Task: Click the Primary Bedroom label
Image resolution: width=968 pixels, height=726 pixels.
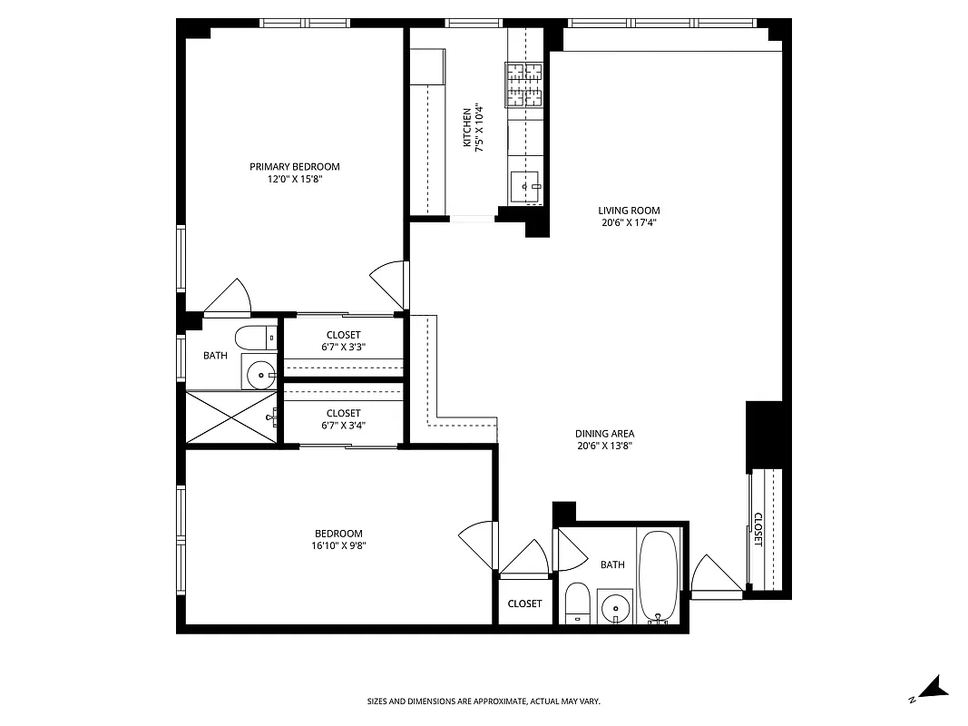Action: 295,167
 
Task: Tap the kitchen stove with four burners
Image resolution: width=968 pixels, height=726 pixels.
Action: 523,84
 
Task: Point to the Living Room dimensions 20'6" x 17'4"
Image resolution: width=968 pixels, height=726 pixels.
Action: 629,222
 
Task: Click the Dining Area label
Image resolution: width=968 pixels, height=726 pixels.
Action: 604,434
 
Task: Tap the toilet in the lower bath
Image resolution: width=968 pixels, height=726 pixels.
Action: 577,604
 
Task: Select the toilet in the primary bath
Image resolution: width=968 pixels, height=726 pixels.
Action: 256,338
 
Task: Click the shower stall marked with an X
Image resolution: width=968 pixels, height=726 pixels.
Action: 231,417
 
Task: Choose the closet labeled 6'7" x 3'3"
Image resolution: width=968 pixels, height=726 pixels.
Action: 344,341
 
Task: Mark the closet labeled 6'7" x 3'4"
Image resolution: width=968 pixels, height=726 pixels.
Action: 344,419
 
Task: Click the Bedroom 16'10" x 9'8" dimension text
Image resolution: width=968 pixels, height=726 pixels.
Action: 338,545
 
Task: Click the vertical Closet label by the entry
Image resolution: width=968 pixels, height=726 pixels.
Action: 758,530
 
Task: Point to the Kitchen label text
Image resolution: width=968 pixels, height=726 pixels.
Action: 467,127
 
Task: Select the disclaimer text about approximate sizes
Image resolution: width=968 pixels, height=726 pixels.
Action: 484,701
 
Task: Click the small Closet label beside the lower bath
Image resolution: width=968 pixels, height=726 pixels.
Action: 524,603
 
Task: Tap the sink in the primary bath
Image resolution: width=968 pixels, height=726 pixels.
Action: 260,372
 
